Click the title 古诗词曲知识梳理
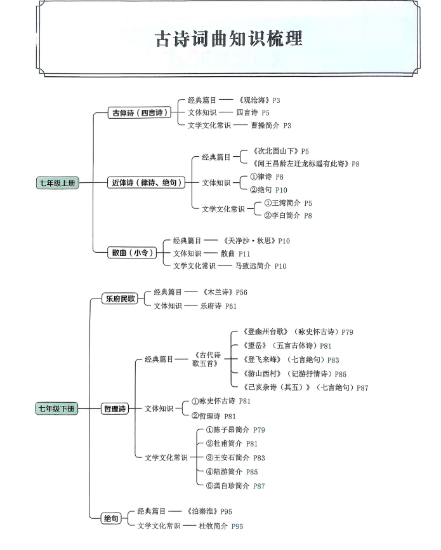[228, 39]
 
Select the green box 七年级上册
[58, 183]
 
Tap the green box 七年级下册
[56, 408]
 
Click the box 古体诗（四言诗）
[140, 112]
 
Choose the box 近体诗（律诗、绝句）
[146, 182]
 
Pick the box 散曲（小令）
[132, 253]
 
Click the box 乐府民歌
[120, 298]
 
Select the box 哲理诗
[115, 408]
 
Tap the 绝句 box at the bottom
[111, 518]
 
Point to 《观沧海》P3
[259, 100]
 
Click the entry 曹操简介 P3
[271, 126]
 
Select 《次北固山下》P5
[280, 151]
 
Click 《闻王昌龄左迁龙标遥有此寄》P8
[306, 164]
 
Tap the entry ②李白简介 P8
[288, 215]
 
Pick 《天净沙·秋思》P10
[256, 241]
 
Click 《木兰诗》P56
[225, 292]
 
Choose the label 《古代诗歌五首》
[206, 359]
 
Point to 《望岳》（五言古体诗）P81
[287, 346]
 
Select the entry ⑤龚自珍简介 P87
[235, 486]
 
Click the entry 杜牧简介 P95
[221, 526]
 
